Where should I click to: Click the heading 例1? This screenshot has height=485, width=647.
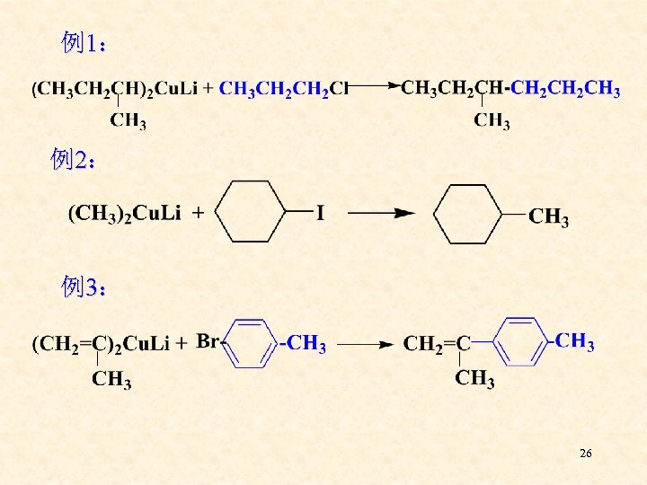[86, 42]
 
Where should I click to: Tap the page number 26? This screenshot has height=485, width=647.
[585, 454]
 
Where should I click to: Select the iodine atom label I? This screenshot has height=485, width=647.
[320, 213]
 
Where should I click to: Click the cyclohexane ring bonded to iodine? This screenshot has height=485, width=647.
[253, 212]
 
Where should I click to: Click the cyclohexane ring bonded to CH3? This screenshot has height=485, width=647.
[468, 213]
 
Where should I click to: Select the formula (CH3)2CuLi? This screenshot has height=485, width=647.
[125, 213]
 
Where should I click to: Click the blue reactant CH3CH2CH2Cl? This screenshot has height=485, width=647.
[283, 88]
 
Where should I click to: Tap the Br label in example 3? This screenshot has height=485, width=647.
[208, 340]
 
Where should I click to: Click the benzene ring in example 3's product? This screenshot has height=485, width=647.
[522, 341]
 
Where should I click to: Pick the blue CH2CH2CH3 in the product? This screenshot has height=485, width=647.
[564, 88]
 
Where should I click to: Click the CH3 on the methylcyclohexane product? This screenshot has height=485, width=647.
[549, 216]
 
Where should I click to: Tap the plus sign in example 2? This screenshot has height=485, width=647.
[198, 213]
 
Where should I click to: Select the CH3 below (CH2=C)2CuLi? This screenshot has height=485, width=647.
[111, 380]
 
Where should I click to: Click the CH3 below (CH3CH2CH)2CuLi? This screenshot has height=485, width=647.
[128, 121]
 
